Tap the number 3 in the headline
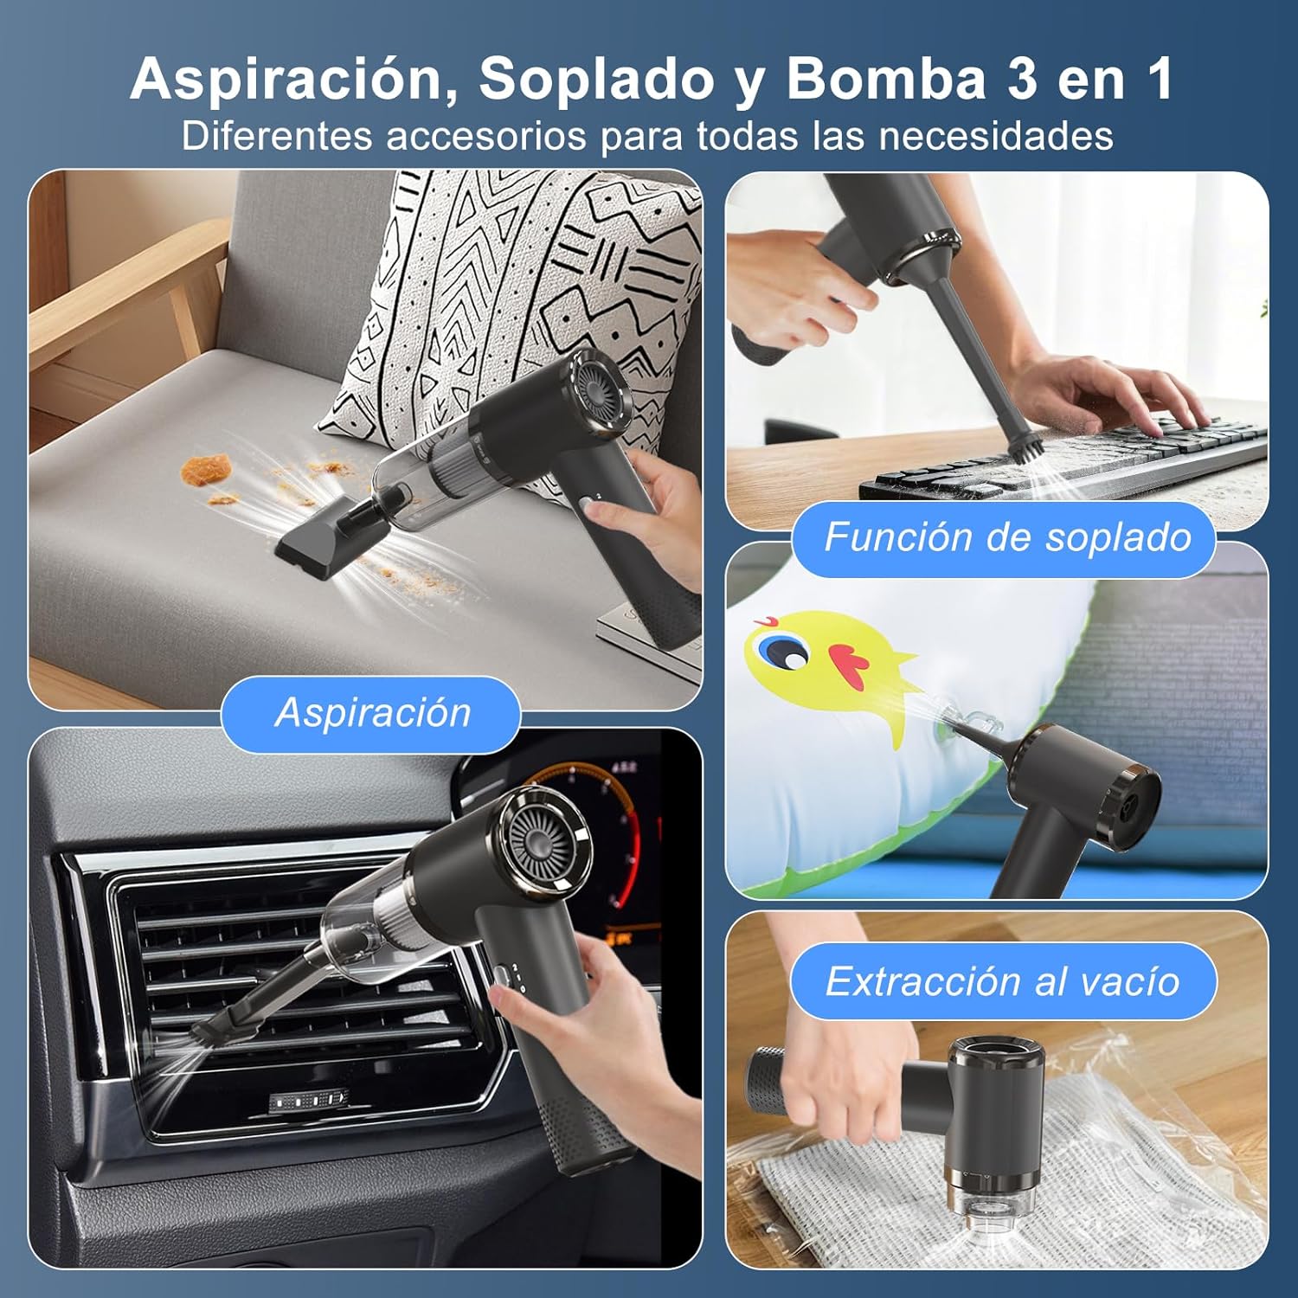click(x=1022, y=79)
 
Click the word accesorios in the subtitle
click(x=486, y=136)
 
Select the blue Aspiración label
click(x=372, y=713)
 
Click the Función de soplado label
click(x=1006, y=537)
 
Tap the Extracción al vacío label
click(x=1003, y=981)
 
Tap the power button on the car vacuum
click(x=503, y=977)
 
